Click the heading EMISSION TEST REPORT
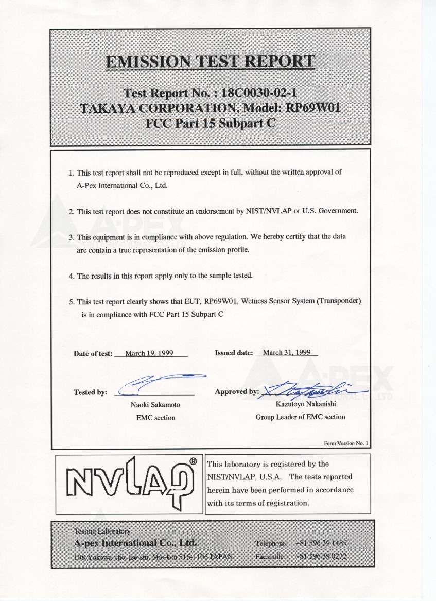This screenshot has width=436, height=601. coord(210,62)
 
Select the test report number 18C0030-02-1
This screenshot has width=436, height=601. coord(259,93)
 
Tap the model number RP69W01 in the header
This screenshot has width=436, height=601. coord(312,108)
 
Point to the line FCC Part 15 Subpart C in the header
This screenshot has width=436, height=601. coord(210,123)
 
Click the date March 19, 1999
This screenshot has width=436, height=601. coord(149,353)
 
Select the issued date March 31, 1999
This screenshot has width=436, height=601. coord(286,353)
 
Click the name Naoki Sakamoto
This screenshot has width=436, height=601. coord(155,405)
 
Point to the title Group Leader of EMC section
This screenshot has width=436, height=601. coord(300,417)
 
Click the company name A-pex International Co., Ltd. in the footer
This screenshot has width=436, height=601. coord(135,543)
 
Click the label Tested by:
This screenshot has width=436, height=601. coord(90,392)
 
